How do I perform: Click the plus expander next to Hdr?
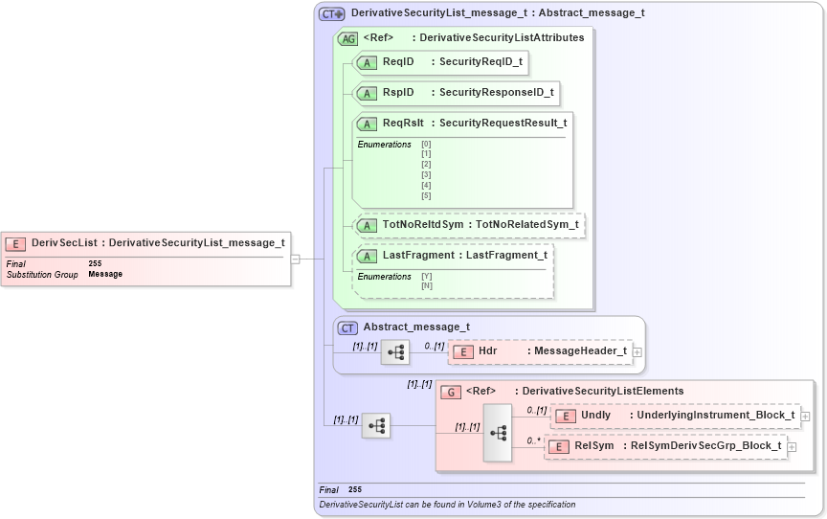(637, 352)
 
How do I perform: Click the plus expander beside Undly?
(805, 417)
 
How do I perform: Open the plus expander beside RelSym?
(792, 447)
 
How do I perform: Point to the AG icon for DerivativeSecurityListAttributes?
(348, 38)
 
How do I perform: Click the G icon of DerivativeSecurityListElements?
(450, 392)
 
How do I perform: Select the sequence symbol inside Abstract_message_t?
(395, 352)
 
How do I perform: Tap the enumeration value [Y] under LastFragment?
(426, 276)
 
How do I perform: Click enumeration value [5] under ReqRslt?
(426, 195)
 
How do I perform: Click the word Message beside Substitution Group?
(105, 275)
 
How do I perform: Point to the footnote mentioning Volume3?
(447, 504)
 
